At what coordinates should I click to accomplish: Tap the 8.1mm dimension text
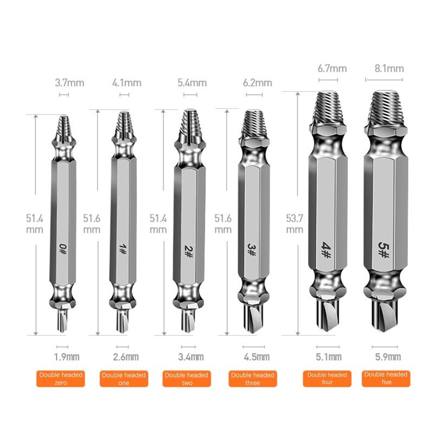tap(389, 69)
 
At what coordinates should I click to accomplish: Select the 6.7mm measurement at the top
tap(331, 69)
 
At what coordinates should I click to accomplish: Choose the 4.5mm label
tap(257, 356)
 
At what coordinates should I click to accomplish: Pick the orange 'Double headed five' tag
tap(386, 378)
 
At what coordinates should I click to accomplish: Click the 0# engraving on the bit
tap(62, 249)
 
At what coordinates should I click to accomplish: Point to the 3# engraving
tap(251, 249)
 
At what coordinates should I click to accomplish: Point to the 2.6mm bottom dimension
tap(126, 356)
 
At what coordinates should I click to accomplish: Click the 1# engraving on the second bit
tap(123, 249)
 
